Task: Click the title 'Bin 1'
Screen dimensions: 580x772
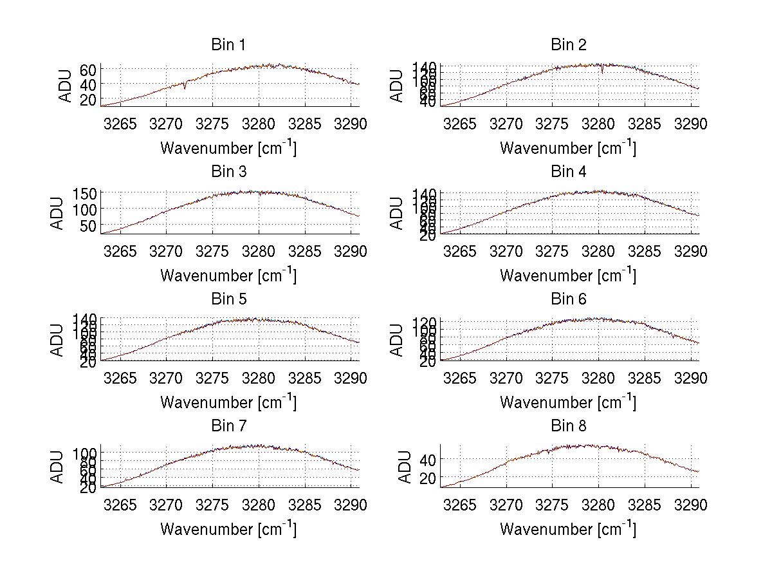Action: (x=228, y=44)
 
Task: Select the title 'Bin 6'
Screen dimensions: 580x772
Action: (x=568, y=299)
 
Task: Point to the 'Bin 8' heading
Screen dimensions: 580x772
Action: (x=568, y=426)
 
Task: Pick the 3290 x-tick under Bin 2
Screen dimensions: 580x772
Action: (x=690, y=124)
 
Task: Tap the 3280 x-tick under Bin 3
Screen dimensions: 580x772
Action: (x=259, y=251)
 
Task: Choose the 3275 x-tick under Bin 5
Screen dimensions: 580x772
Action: (x=212, y=378)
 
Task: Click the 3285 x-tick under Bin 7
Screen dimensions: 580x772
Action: (x=304, y=505)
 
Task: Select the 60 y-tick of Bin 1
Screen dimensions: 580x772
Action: (x=88, y=70)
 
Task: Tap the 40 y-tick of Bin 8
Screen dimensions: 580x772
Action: (x=428, y=460)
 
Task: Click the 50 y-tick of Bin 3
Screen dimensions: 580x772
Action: (x=88, y=225)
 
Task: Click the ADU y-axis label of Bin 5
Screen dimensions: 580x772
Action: (x=57, y=339)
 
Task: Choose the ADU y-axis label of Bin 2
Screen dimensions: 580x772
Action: (x=397, y=85)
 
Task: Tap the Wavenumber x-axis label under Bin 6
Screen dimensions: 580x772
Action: (x=568, y=402)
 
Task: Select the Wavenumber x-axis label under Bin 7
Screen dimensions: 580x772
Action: (x=228, y=529)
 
